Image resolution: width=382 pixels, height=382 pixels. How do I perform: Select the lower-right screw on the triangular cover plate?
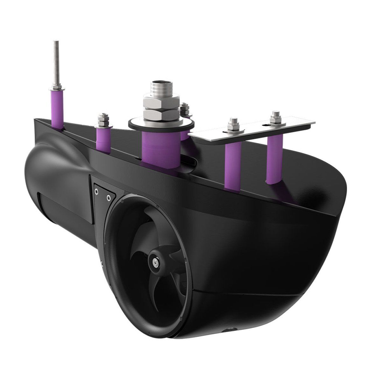click(109, 198)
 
